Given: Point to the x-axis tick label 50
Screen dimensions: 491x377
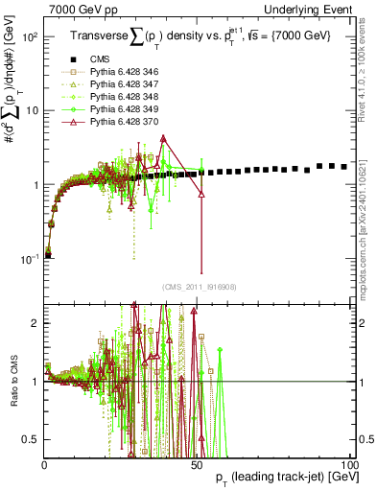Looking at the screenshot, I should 197,465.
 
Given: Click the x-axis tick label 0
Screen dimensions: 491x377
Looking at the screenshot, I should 45,465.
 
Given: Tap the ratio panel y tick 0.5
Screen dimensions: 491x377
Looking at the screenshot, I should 33,439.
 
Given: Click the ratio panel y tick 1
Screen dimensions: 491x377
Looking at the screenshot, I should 35,382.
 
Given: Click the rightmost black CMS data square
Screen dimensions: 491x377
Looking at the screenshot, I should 344,166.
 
